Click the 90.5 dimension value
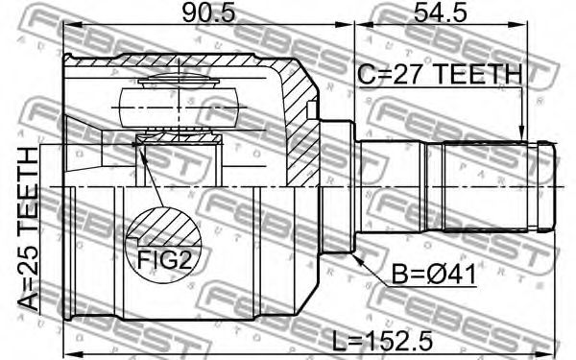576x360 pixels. (208, 12)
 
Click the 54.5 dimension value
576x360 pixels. (441, 12)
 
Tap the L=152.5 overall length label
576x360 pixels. (382, 341)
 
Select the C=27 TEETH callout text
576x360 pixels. (440, 74)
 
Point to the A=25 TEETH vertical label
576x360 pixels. (28, 228)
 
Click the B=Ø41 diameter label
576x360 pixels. (434, 275)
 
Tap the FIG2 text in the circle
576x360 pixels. (164, 260)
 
